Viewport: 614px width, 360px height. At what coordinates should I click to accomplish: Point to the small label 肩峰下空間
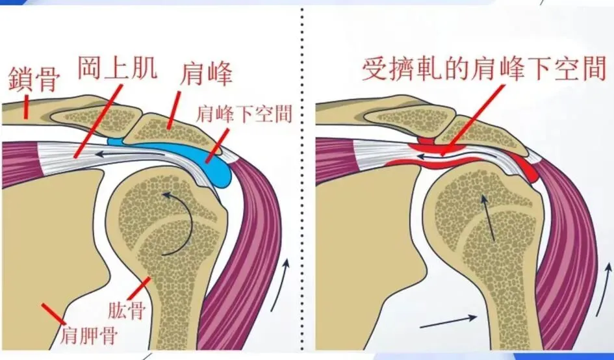(x=244, y=114)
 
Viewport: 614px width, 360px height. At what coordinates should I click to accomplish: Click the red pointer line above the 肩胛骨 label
(x=51, y=313)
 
